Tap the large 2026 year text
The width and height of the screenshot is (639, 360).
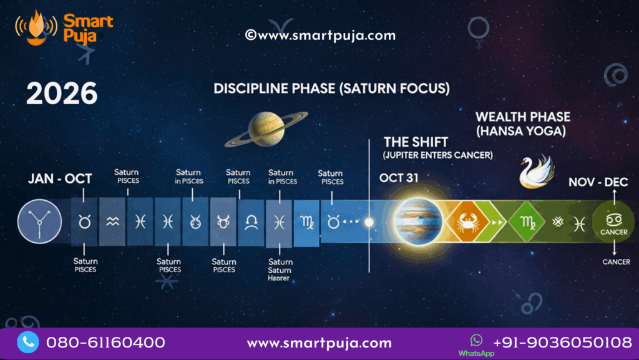(62, 94)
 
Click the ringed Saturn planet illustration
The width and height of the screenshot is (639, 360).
(266, 129)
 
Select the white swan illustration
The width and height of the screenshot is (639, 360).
(537, 171)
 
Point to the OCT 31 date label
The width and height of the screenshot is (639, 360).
(400, 178)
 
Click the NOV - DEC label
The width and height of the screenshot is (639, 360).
(598, 182)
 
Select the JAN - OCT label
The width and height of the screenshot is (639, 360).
(60, 178)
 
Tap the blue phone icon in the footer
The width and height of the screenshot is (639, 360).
(27, 342)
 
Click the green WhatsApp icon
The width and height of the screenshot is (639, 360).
(477, 340)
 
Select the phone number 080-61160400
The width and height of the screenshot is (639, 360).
(106, 343)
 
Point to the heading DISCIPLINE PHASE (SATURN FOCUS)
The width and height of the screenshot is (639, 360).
(331, 89)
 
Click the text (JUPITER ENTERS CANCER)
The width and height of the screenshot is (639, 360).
(438, 155)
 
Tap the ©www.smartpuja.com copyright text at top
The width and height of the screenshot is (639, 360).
(320, 36)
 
